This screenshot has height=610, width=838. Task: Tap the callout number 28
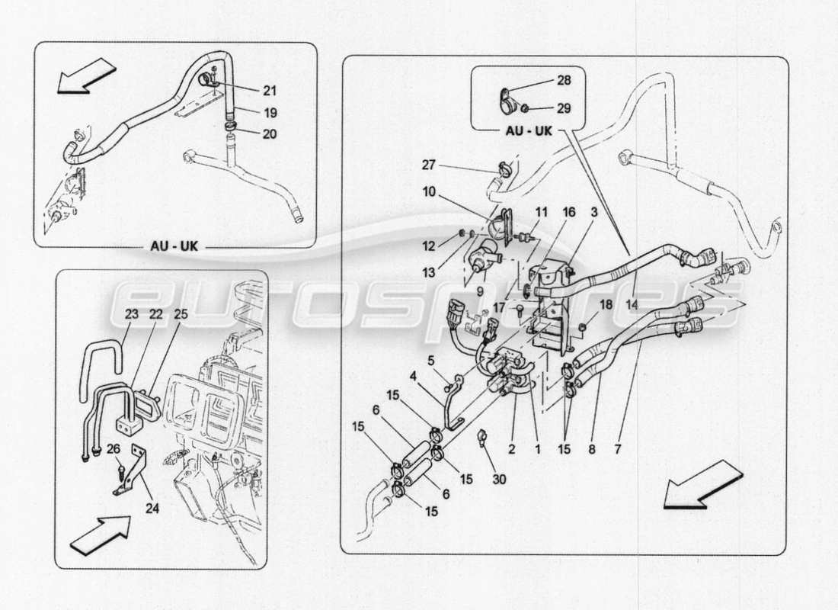click(x=563, y=80)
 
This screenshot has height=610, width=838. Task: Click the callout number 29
click(x=563, y=108)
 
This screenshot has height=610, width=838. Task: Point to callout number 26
click(x=114, y=448)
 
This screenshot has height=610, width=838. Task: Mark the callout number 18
click(x=606, y=304)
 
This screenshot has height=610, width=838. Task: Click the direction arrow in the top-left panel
click(x=87, y=77)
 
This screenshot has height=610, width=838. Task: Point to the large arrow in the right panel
click(x=702, y=486)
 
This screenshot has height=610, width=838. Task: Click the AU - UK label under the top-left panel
click(x=175, y=248)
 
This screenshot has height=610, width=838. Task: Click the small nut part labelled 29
click(x=524, y=108)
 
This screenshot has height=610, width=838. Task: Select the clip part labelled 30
click(x=481, y=437)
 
